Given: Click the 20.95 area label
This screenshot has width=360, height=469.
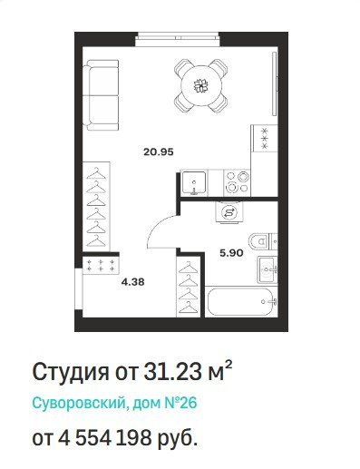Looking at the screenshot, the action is point(159,151).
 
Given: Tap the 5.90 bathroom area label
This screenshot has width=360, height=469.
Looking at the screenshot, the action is point(231,253).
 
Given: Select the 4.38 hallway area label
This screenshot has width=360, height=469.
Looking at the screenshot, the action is point(132,282).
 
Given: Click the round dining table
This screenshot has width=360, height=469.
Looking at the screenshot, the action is point(201,86).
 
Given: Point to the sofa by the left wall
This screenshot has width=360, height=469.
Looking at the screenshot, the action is point(101,95).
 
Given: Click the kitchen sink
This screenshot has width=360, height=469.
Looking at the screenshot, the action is point(194,182).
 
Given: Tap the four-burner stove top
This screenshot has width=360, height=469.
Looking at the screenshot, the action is point(237,182).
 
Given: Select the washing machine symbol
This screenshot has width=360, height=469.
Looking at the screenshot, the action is point(229,212).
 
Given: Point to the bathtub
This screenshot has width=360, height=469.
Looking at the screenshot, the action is point(241,301).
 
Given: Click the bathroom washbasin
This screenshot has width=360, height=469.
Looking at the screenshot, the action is point(268,269).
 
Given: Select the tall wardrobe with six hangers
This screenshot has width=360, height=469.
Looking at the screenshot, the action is point(96,207).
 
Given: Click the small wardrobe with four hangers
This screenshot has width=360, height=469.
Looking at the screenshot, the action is point(189,287).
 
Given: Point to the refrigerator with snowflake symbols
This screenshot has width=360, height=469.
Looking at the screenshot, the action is point(265,139).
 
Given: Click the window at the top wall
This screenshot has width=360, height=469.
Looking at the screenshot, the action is point(178,39).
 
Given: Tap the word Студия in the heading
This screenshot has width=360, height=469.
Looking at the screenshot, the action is point(71,372).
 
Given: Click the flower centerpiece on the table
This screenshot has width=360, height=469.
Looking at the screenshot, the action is point(201,86).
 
